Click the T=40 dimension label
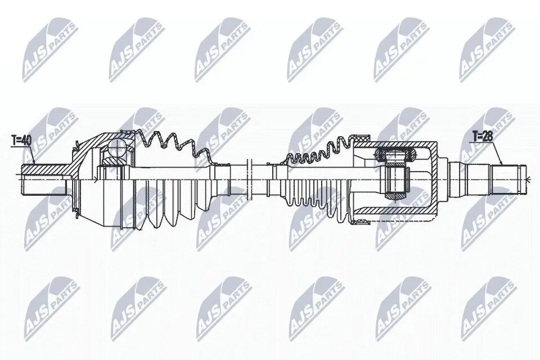(20, 139)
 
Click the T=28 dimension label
(482, 136)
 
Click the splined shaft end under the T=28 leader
(508, 171)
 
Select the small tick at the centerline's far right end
(530, 179)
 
